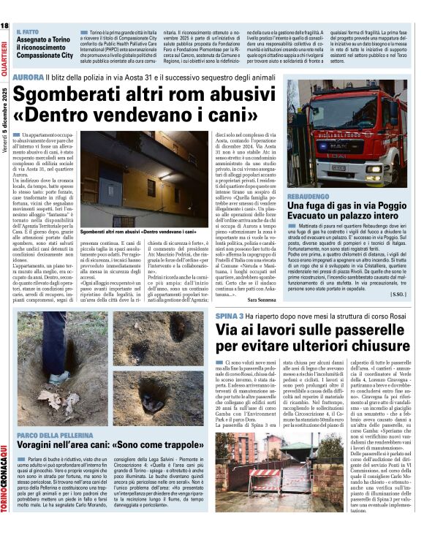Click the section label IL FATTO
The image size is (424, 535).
coord(28,33)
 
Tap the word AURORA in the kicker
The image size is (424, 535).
coord(28,77)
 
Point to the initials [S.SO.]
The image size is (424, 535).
coord(398,294)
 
